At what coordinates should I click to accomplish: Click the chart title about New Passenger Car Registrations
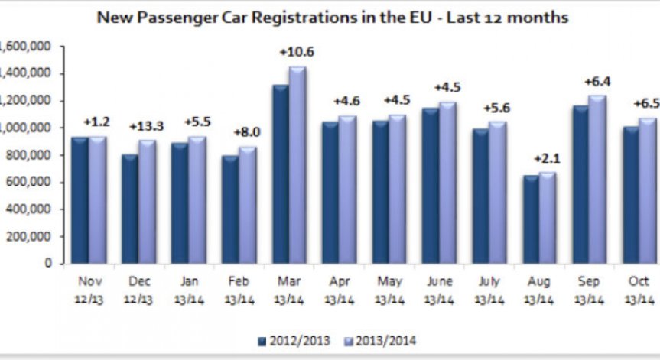tap(332, 17)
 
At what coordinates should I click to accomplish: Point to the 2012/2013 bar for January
tap(180, 203)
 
